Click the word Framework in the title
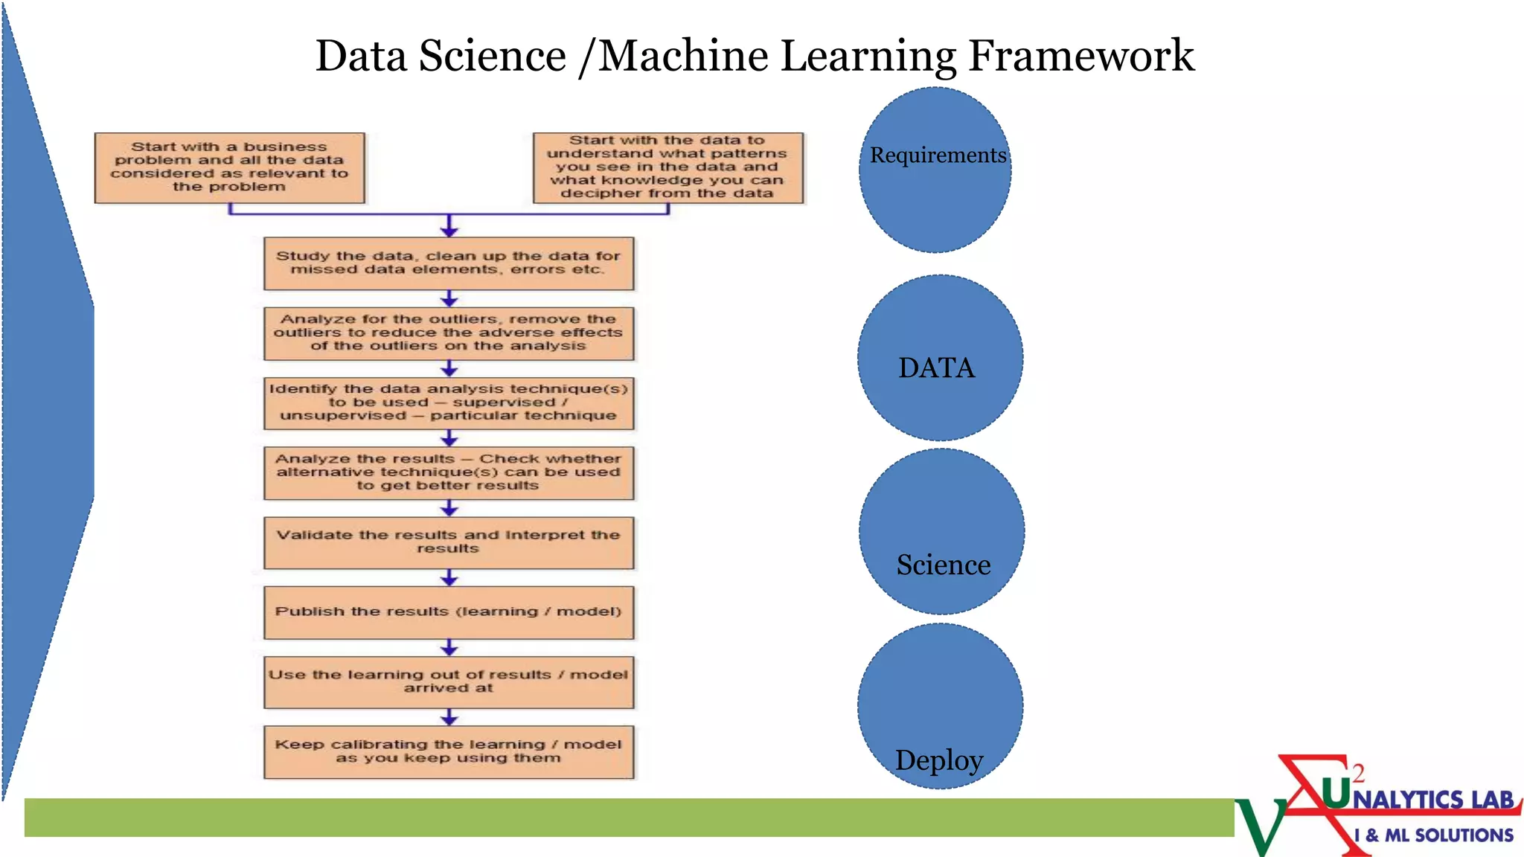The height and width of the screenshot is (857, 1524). click(1080, 57)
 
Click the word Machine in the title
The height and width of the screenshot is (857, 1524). click(683, 57)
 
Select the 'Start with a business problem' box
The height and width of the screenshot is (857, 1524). click(229, 167)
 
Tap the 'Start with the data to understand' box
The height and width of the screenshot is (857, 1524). click(667, 167)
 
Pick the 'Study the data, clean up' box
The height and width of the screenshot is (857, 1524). click(449, 263)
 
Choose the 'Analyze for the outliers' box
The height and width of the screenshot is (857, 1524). click(449, 333)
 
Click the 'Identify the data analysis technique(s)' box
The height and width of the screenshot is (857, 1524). click(449, 403)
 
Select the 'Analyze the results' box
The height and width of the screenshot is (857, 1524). click(449, 473)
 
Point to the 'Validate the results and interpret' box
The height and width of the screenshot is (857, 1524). click(449, 542)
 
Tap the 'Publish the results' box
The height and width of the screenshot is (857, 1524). click(449, 612)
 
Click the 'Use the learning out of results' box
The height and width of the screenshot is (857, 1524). click(449, 681)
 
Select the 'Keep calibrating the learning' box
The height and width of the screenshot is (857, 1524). click(449, 751)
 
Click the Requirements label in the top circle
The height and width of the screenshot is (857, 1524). click(938, 155)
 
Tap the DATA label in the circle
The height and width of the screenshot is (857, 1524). click(936, 368)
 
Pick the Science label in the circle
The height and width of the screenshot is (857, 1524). click(944, 565)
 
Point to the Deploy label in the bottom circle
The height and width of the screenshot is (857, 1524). click(939, 760)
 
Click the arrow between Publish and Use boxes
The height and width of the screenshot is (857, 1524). click(449, 647)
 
